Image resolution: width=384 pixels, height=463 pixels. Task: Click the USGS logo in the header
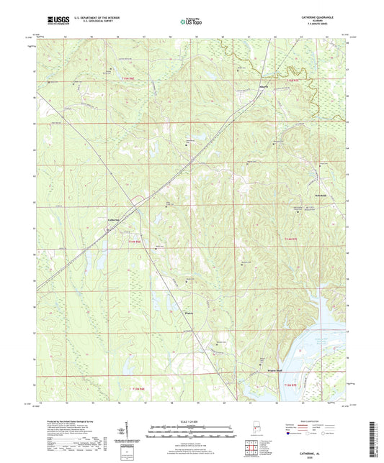[55, 19]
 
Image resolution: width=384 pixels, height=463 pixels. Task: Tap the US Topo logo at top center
[191, 21]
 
